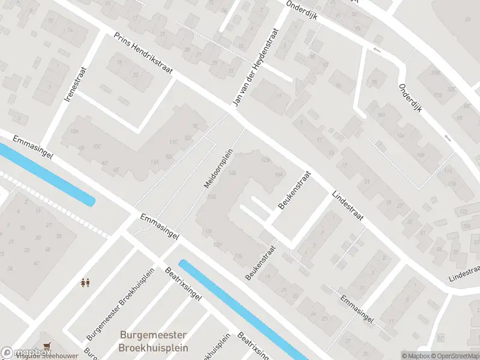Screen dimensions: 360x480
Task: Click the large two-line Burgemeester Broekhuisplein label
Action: pyautogui.click(x=154, y=341)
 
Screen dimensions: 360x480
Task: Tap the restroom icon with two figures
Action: pyautogui.click(x=85, y=282)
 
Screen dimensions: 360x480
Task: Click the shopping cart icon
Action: pyautogui.click(x=47, y=346)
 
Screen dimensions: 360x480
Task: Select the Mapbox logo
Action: pyautogui.click(x=18, y=353)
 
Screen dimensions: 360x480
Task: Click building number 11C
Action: pyautogui.click(x=173, y=142)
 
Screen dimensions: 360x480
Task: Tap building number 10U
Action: pyautogui.click(x=382, y=114)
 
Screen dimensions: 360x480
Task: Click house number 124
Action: pyautogui.click(x=467, y=226)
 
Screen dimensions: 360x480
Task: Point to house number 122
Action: pyautogui.click(x=463, y=212)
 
